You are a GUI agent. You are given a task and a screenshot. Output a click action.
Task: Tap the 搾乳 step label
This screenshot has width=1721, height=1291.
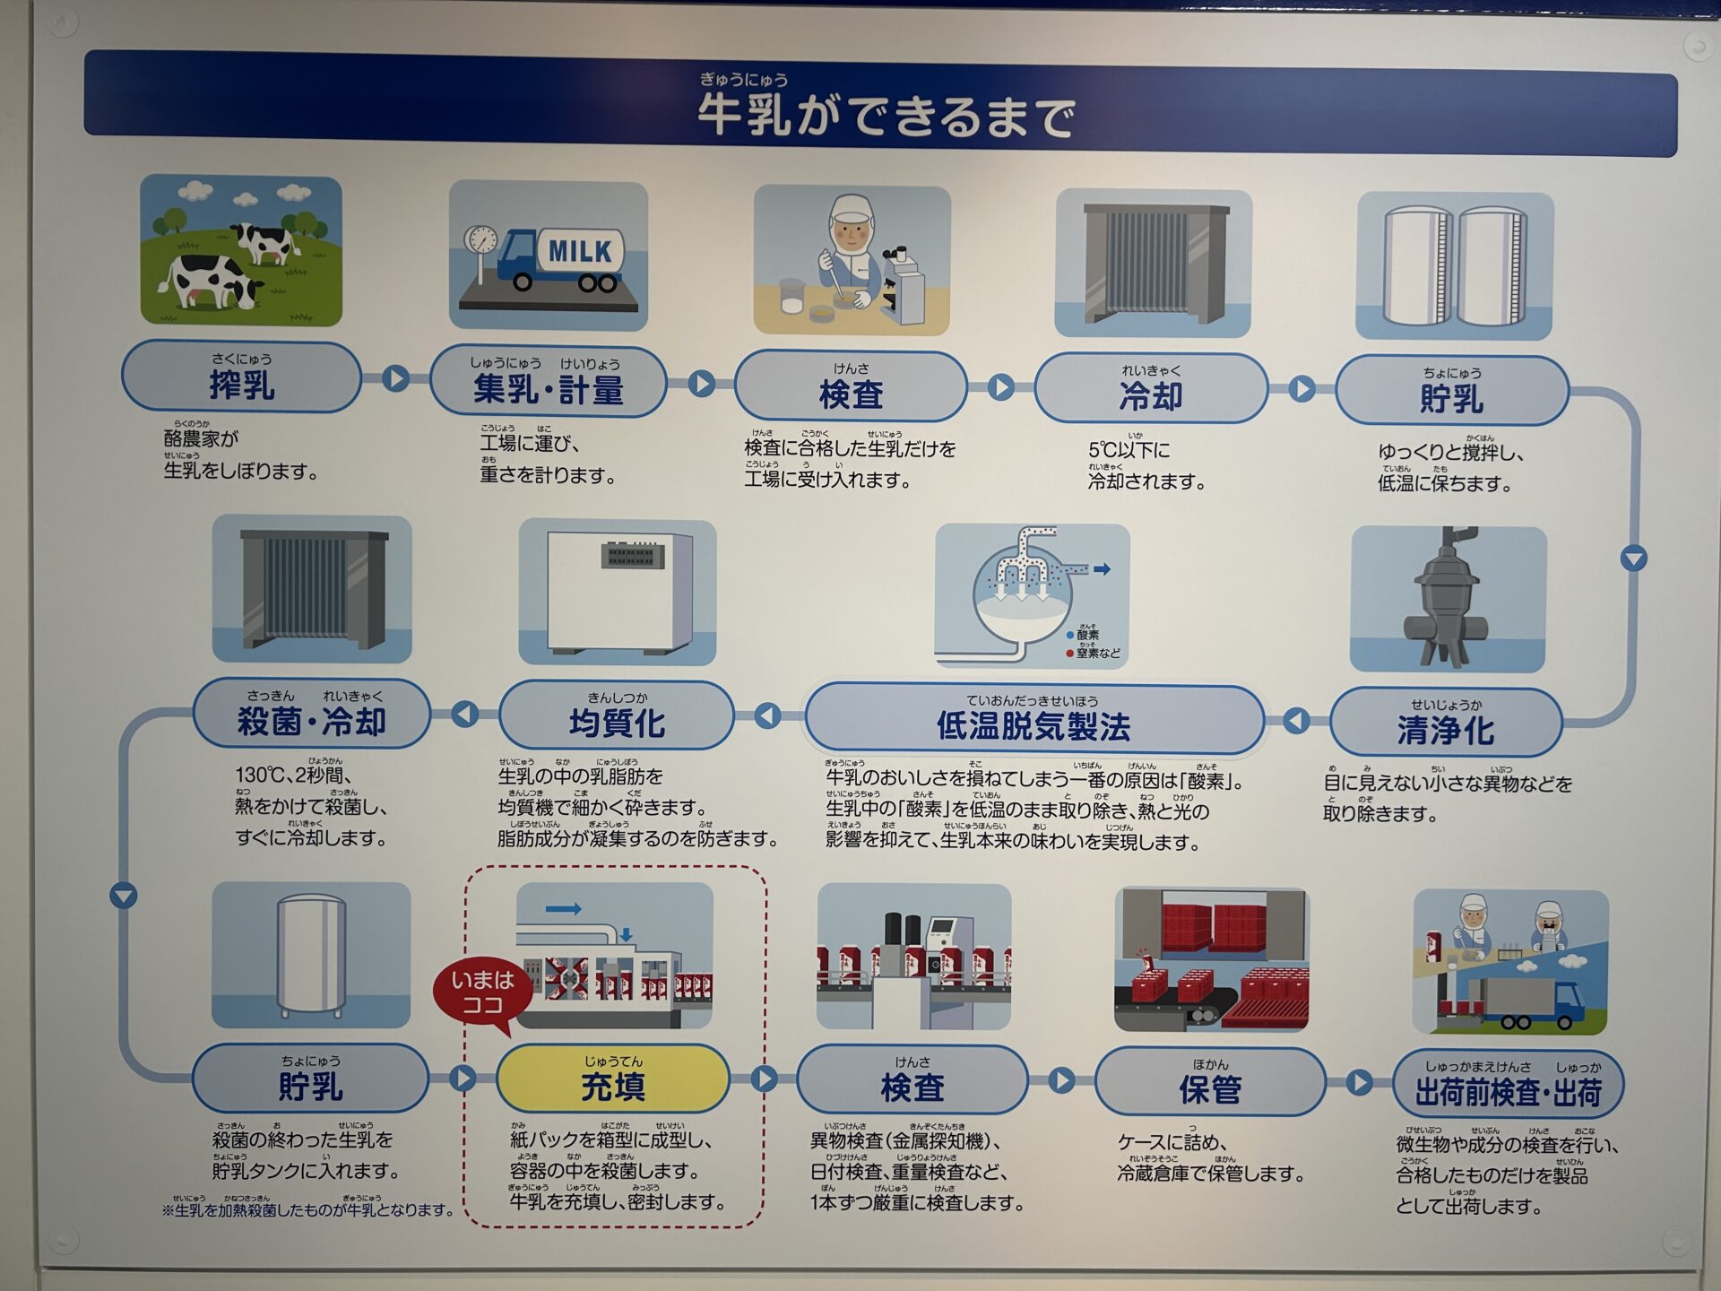tap(241, 384)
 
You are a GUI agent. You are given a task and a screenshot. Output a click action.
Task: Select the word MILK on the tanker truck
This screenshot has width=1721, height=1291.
tap(579, 251)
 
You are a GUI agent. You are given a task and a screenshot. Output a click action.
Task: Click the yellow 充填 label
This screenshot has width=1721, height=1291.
tap(613, 1085)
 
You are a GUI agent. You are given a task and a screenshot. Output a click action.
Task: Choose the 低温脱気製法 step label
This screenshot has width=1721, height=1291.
tap(1033, 724)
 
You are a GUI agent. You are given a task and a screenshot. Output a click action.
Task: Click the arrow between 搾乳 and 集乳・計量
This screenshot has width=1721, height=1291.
tap(395, 378)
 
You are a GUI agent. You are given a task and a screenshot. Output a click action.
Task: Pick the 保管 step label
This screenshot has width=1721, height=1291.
tap(1210, 1088)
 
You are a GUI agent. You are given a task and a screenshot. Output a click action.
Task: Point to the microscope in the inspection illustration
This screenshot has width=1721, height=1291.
tap(904, 285)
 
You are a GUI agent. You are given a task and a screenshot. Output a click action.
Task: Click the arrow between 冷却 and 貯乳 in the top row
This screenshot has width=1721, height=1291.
tap(1302, 389)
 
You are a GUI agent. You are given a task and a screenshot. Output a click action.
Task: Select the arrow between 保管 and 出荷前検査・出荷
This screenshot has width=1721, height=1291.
tap(1359, 1082)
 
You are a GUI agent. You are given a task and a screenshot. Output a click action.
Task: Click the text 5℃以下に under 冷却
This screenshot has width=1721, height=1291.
tap(1129, 449)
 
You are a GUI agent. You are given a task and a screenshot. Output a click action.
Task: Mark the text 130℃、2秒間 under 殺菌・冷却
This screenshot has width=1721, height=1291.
tap(293, 775)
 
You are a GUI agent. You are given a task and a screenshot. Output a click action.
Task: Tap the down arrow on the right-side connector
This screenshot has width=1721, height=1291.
tap(1634, 559)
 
